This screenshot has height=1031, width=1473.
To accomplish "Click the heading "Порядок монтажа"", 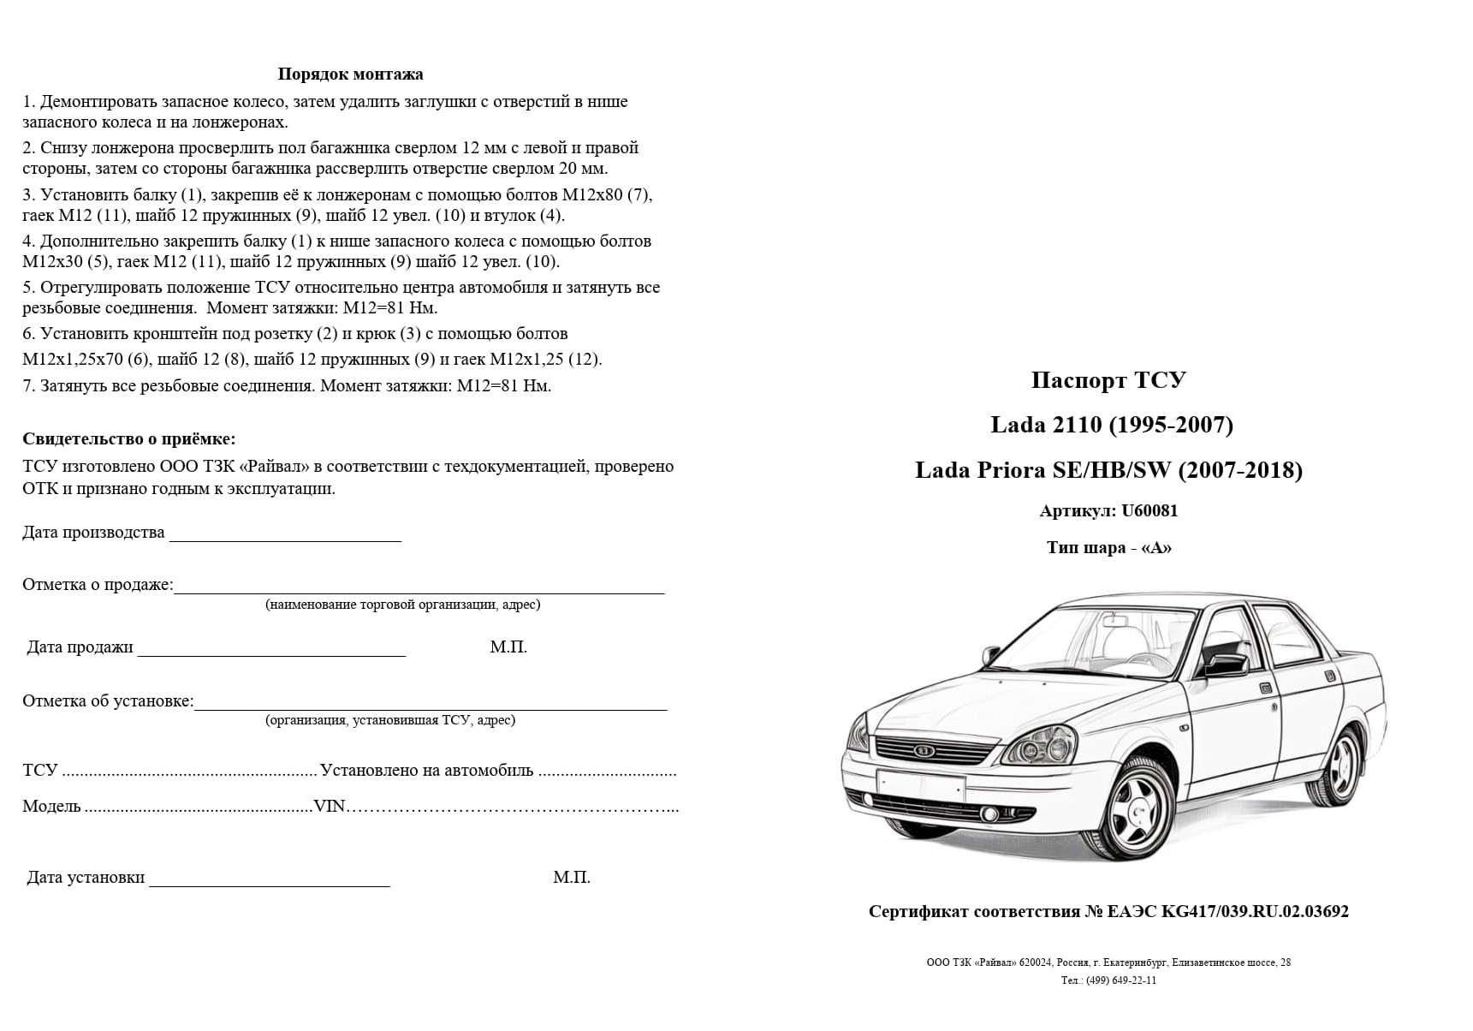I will pyautogui.click(x=350, y=74).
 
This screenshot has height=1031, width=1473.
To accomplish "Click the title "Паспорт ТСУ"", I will pyautogui.click(x=1108, y=379).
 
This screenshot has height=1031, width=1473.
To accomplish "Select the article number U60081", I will pyautogui.click(x=1149, y=511).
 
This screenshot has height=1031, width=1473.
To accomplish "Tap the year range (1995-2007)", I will pyautogui.click(x=1172, y=425).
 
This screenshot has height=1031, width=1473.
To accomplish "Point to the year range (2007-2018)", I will pyautogui.click(x=1240, y=470).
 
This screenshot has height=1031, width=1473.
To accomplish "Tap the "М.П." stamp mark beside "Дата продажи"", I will pyautogui.click(x=508, y=647).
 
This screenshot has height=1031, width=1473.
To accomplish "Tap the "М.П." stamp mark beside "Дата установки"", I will pyautogui.click(x=572, y=878).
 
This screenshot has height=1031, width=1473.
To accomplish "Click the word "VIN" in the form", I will pyautogui.click(x=330, y=807).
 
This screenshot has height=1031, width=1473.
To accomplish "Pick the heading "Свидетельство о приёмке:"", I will pyautogui.click(x=128, y=439).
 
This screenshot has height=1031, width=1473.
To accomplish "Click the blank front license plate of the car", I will pyautogui.click(x=920, y=785).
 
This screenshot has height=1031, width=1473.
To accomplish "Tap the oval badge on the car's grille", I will pyautogui.click(x=925, y=751).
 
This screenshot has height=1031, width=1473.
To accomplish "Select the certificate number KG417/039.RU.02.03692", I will pyautogui.click(x=1255, y=912).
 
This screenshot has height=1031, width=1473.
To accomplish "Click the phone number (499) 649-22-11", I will pyautogui.click(x=1121, y=980).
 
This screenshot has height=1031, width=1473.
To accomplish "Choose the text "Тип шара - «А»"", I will pyautogui.click(x=1108, y=548).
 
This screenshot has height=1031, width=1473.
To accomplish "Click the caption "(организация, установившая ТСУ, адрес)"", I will pyautogui.click(x=390, y=720).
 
